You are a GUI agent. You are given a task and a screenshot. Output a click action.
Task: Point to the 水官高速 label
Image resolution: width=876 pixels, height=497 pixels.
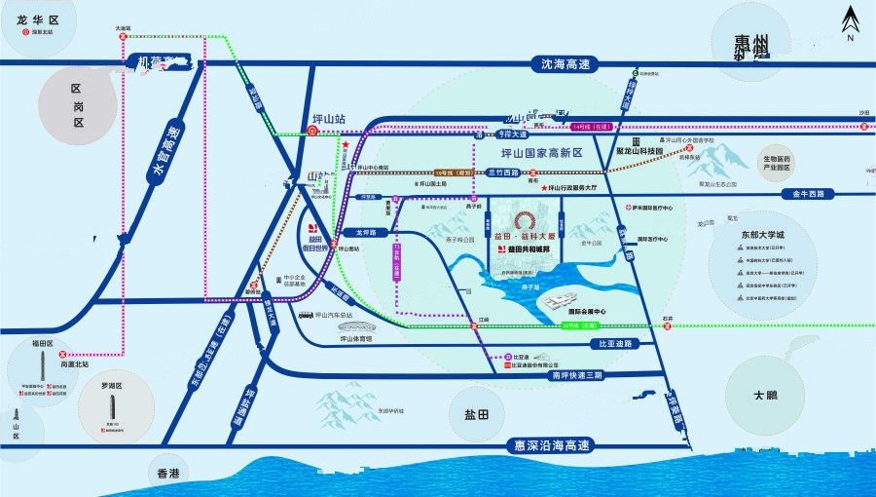point(167,154)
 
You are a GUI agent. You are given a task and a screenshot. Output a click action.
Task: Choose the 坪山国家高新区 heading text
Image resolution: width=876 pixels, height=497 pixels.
point(540,153)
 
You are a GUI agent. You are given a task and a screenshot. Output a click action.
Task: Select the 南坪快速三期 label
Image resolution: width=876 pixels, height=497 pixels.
point(577,374)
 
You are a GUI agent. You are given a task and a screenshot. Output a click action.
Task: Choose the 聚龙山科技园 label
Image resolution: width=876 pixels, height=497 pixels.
point(639,152)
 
